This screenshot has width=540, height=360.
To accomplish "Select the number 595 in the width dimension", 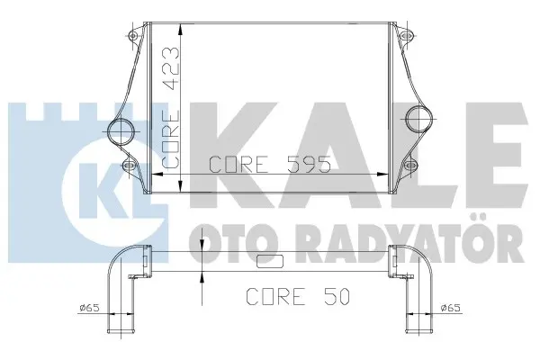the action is tap(309, 164).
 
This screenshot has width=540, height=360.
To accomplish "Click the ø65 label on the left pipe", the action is tap(89, 307).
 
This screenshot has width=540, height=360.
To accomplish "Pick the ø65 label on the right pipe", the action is tap(451, 307).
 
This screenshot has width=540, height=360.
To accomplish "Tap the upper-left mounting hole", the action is tap(133, 35).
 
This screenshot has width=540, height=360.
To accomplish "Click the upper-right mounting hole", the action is tap(408, 35).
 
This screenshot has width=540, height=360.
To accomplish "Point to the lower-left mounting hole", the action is tap(129, 166).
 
